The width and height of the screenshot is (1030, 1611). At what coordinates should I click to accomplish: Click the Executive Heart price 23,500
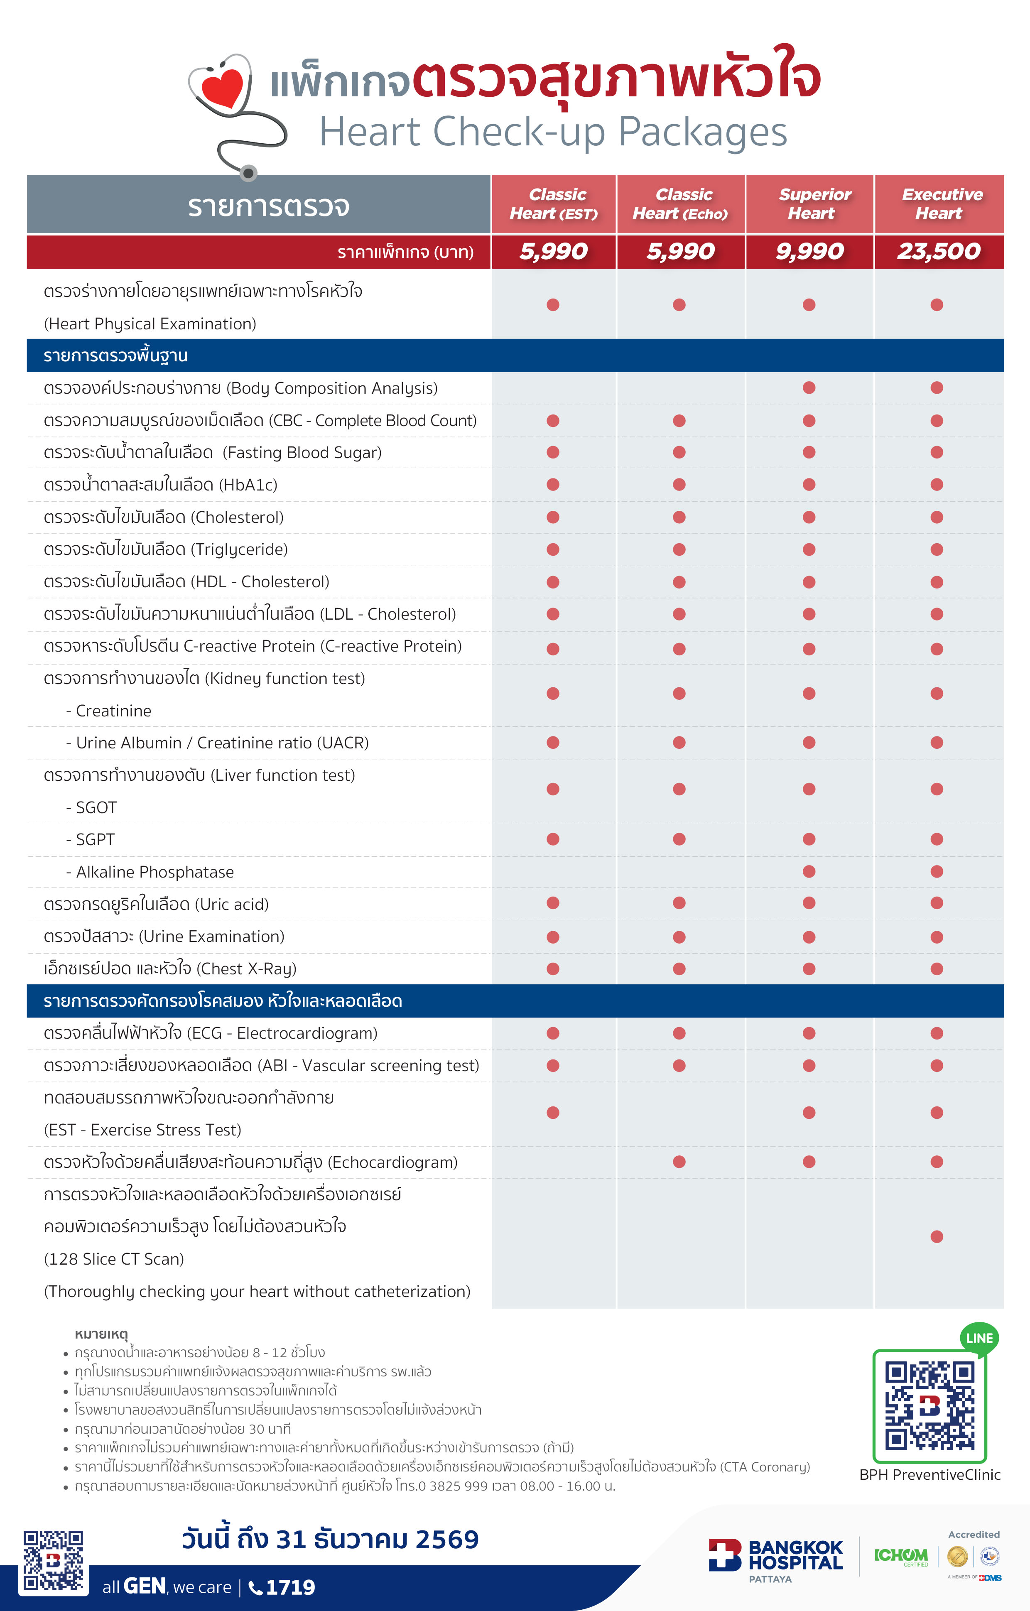click(938, 252)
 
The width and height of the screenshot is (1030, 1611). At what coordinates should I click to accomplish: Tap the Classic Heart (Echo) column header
click(681, 204)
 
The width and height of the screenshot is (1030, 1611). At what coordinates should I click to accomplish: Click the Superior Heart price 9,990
click(809, 252)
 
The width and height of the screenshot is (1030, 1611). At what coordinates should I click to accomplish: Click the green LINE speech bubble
click(979, 1339)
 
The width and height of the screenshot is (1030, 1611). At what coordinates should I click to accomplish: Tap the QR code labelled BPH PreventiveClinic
click(929, 1405)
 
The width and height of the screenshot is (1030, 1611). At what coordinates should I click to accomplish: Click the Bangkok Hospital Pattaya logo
click(776, 1558)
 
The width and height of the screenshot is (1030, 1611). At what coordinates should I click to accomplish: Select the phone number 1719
click(289, 1587)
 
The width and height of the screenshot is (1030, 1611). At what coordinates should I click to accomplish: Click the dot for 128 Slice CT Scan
click(937, 1236)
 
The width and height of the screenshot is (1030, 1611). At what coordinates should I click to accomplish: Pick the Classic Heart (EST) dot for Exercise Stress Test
click(552, 1113)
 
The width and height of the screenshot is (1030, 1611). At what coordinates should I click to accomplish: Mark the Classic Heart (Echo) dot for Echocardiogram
click(679, 1161)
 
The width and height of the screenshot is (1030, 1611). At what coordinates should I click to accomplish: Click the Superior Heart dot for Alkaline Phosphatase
click(809, 871)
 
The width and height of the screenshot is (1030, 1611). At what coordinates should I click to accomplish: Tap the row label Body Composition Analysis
click(241, 388)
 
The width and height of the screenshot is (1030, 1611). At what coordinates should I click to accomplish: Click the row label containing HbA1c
click(160, 484)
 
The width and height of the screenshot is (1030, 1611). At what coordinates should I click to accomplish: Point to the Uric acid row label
click(156, 904)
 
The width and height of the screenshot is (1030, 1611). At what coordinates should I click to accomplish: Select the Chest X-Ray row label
click(170, 969)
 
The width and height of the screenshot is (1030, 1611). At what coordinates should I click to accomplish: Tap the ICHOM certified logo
click(901, 1556)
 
